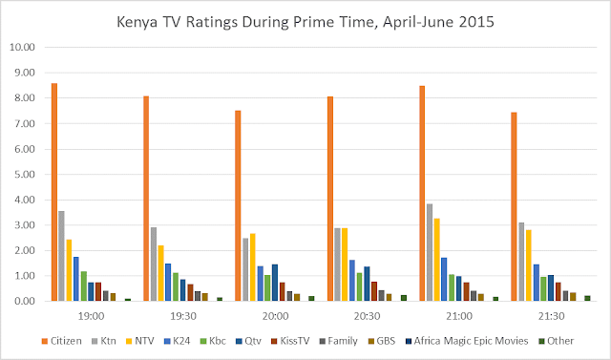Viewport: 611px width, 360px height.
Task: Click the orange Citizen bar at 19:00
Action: (x=54, y=192)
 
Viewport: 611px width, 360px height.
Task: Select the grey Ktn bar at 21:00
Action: (x=430, y=252)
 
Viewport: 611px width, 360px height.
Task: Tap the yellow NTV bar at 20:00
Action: (x=252, y=267)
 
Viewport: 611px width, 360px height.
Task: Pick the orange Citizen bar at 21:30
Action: (x=514, y=206)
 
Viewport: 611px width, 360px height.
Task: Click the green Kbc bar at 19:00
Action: (x=84, y=286)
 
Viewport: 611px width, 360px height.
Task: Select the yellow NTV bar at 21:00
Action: (x=437, y=260)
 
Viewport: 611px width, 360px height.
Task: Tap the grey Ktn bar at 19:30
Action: (x=154, y=265)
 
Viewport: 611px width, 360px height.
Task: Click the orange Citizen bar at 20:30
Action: (x=330, y=199)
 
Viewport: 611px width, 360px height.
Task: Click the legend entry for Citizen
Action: (x=61, y=341)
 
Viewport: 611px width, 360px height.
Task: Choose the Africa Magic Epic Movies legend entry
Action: (x=467, y=341)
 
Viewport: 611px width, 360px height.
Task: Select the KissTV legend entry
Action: (x=290, y=341)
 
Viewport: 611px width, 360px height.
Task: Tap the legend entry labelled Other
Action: (x=557, y=341)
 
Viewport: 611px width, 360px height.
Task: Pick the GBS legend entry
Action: (x=382, y=341)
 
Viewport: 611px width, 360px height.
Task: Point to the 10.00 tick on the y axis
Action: (x=23, y=47)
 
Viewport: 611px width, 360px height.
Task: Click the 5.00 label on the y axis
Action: (x=23, y=174)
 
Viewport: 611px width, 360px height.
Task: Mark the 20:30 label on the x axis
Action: (x=367, y=316)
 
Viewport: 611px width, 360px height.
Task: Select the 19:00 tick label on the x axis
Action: (x=92, y=316)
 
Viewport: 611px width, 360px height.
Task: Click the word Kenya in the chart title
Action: (x=137, y=22)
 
